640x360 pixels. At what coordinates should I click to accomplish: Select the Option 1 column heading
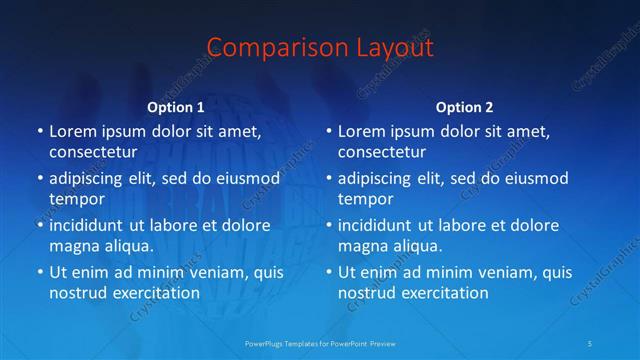pos(176,106)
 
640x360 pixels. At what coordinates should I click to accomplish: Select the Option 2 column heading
pos(465,106)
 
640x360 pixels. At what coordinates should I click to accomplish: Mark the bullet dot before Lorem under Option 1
pos(38,132)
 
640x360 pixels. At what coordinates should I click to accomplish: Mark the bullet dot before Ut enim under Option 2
pos(327,272)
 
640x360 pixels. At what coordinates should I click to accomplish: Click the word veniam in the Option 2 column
pos(481,272)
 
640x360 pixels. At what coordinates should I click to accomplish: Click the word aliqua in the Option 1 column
pos(125,245)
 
